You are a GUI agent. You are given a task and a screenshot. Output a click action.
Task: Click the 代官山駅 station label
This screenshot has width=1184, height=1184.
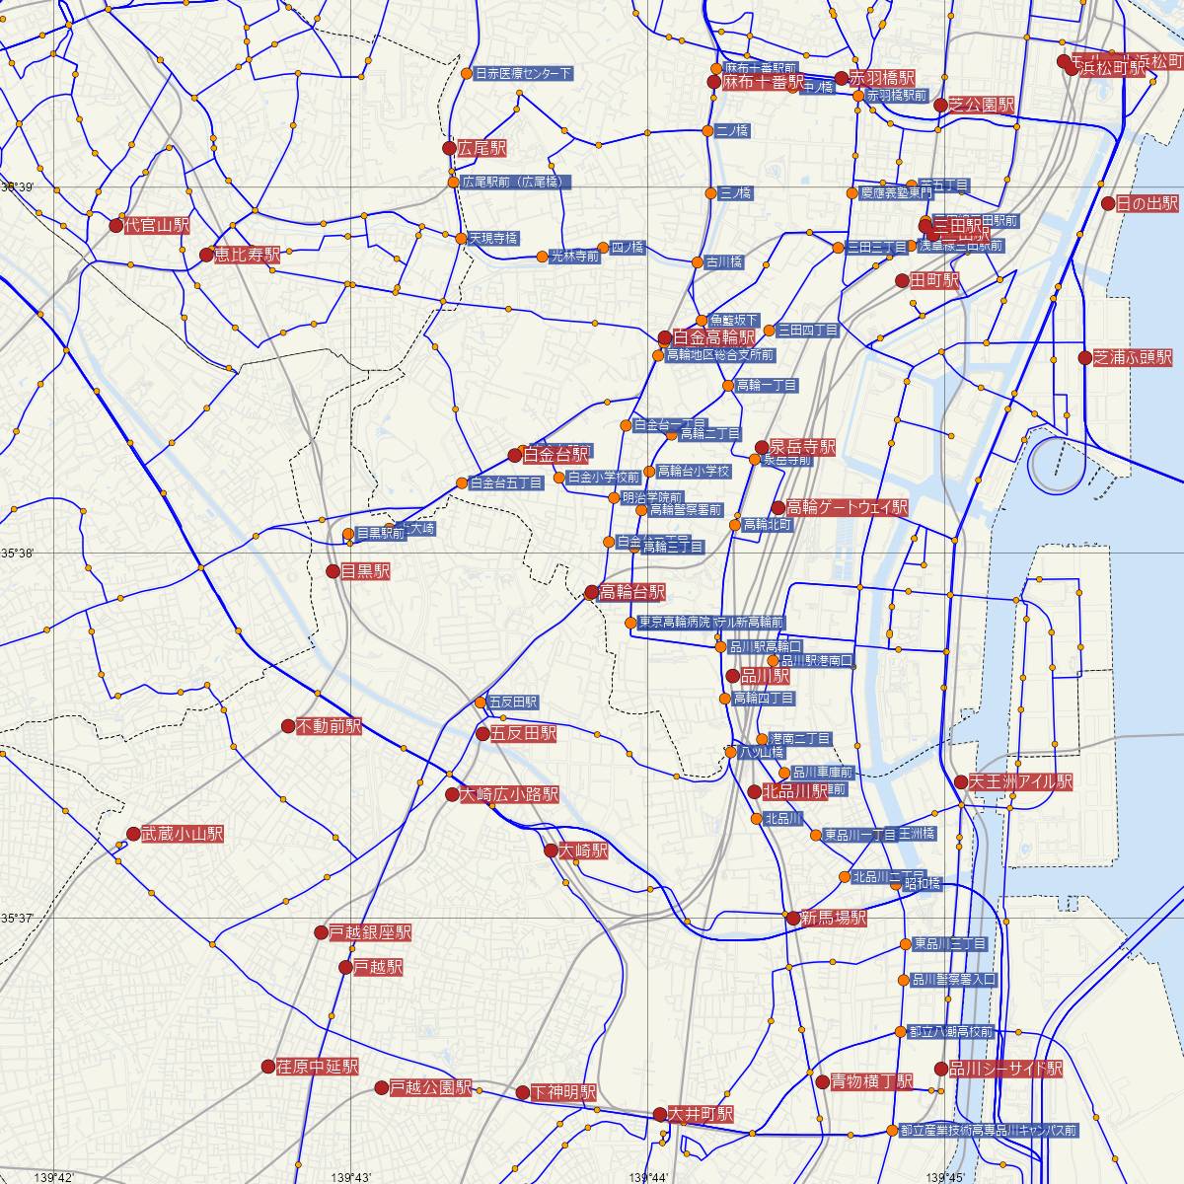(156, 224)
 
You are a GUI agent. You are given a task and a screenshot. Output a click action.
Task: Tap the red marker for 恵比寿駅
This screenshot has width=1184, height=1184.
(206, 255)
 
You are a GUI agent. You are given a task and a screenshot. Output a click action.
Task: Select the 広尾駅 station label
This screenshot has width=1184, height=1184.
(481, 148)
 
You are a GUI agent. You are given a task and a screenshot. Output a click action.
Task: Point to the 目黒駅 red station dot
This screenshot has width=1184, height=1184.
(333, 571)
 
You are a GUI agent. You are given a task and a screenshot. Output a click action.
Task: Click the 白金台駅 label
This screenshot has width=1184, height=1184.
(555, 455)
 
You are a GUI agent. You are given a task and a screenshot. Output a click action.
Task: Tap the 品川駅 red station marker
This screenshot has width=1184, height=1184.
(732, 677)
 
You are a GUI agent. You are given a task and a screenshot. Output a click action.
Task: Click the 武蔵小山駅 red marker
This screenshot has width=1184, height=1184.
(133, 835)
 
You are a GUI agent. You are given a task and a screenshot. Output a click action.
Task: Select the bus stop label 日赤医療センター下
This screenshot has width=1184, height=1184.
(523, 74)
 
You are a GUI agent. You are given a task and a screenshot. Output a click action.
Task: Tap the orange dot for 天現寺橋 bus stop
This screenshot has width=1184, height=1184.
(461, 238)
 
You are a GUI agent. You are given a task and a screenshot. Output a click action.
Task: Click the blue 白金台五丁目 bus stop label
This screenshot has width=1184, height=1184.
(505, 483)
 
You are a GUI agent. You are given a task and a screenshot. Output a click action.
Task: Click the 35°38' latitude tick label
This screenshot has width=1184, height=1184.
(18, 554)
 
